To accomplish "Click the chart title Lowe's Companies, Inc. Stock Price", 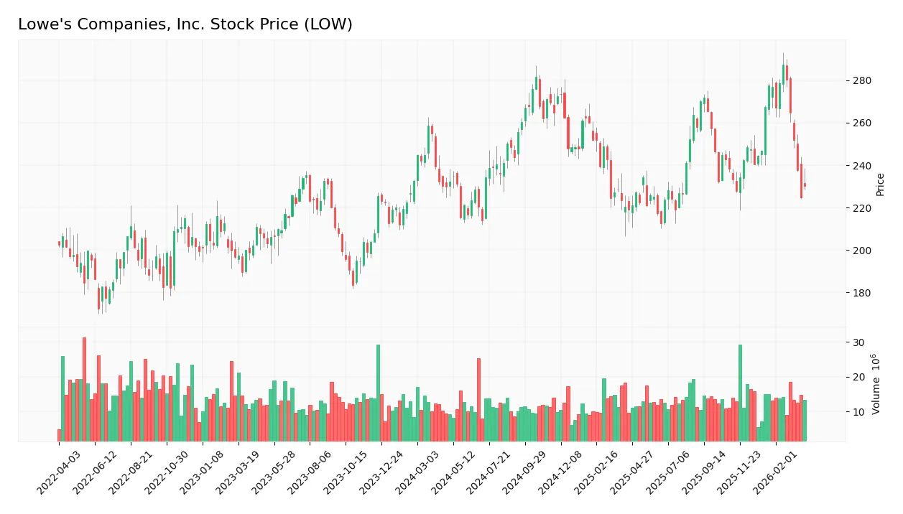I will point(185,24).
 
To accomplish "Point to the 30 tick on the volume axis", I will point(858,342).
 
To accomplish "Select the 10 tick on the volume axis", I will point(858,412).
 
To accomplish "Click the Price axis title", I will point(880,184).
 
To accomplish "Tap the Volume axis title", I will point(877,383).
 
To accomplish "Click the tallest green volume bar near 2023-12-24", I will point(378,393).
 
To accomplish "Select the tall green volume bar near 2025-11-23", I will point(740,393).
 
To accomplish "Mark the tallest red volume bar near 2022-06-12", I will point(84,389).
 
